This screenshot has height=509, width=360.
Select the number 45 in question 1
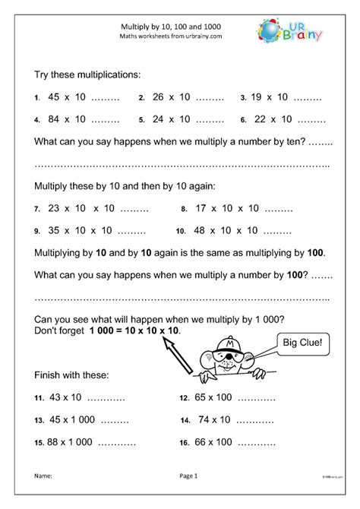click(54, 97)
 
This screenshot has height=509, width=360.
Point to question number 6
click(243, 120)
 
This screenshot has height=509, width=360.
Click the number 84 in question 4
click(54, 119)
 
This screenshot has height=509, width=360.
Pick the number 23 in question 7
click(54, 207)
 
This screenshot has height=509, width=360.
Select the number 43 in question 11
click(55, 397)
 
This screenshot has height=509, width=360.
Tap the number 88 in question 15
click(54, 442)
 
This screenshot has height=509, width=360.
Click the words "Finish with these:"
click(72, 375)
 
